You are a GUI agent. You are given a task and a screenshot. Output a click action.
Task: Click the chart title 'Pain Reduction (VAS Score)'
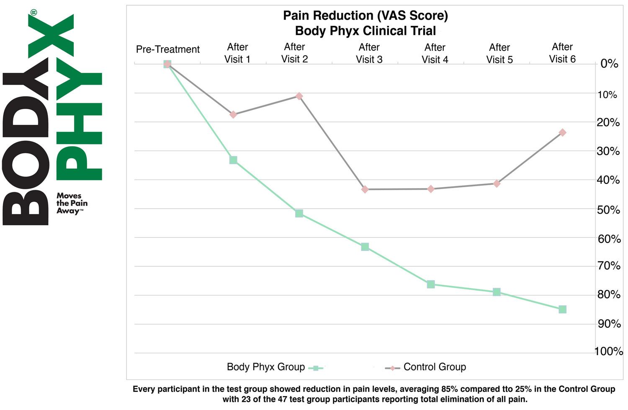click(x=365, y=16)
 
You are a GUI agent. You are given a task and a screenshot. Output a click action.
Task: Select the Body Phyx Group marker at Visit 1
click(x=233, y=160)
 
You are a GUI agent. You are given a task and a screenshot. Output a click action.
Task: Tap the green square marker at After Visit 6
click(x=562, y=309)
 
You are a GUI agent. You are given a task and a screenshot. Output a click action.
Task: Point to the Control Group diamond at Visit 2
click(x=299, y=96)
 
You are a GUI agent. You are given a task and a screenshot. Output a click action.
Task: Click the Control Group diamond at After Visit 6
click(x=562, y=132)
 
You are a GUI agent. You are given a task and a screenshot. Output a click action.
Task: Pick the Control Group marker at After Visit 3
click(x=365, y=189)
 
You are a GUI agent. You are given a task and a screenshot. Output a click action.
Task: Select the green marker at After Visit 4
click(x=431, y=284)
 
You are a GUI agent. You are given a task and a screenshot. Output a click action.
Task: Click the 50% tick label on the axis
click(x=608, y=210)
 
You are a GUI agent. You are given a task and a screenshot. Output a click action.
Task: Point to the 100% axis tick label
click(x=608, y=351)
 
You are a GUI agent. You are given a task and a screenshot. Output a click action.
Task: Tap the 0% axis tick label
click(x=609, y=64)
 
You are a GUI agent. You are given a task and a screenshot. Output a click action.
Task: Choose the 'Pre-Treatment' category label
click(x=168, y=49)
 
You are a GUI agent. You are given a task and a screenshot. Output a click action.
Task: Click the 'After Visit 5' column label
click(x=499, y=54)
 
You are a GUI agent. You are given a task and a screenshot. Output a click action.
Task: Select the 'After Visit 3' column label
click(x=369, y=54)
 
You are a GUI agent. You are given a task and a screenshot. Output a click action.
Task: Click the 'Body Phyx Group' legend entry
click(x=266, y=367)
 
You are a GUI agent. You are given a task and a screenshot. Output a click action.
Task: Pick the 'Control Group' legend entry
click(x=434, y=367)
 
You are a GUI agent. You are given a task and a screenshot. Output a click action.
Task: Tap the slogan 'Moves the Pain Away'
click(x=72, y=203)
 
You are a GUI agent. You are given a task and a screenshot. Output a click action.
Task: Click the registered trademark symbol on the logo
click(x=33, y=12)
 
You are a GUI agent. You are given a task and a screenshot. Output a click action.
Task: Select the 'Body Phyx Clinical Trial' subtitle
click(x=365, y=31)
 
